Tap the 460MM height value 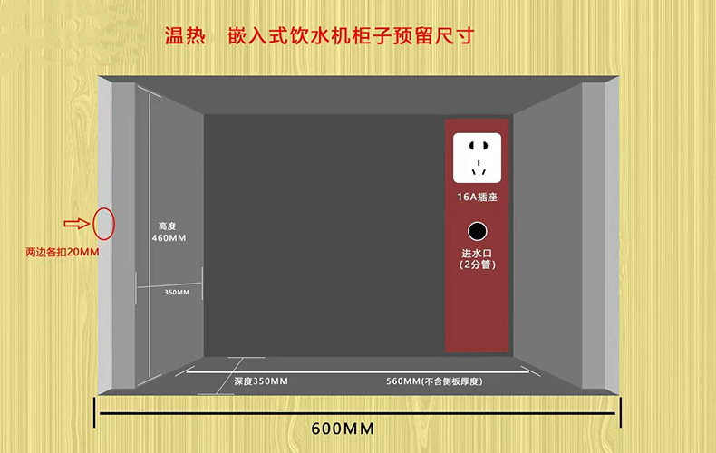point(168,238)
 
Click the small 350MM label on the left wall point(177,292)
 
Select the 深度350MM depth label point(260,381)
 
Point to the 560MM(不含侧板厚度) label point(433,381)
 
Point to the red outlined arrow point(76,224)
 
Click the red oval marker point(103,223)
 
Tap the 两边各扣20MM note point(62,252)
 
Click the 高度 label point(167,226)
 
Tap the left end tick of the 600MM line point(96,412)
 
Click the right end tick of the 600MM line point(621,412)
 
